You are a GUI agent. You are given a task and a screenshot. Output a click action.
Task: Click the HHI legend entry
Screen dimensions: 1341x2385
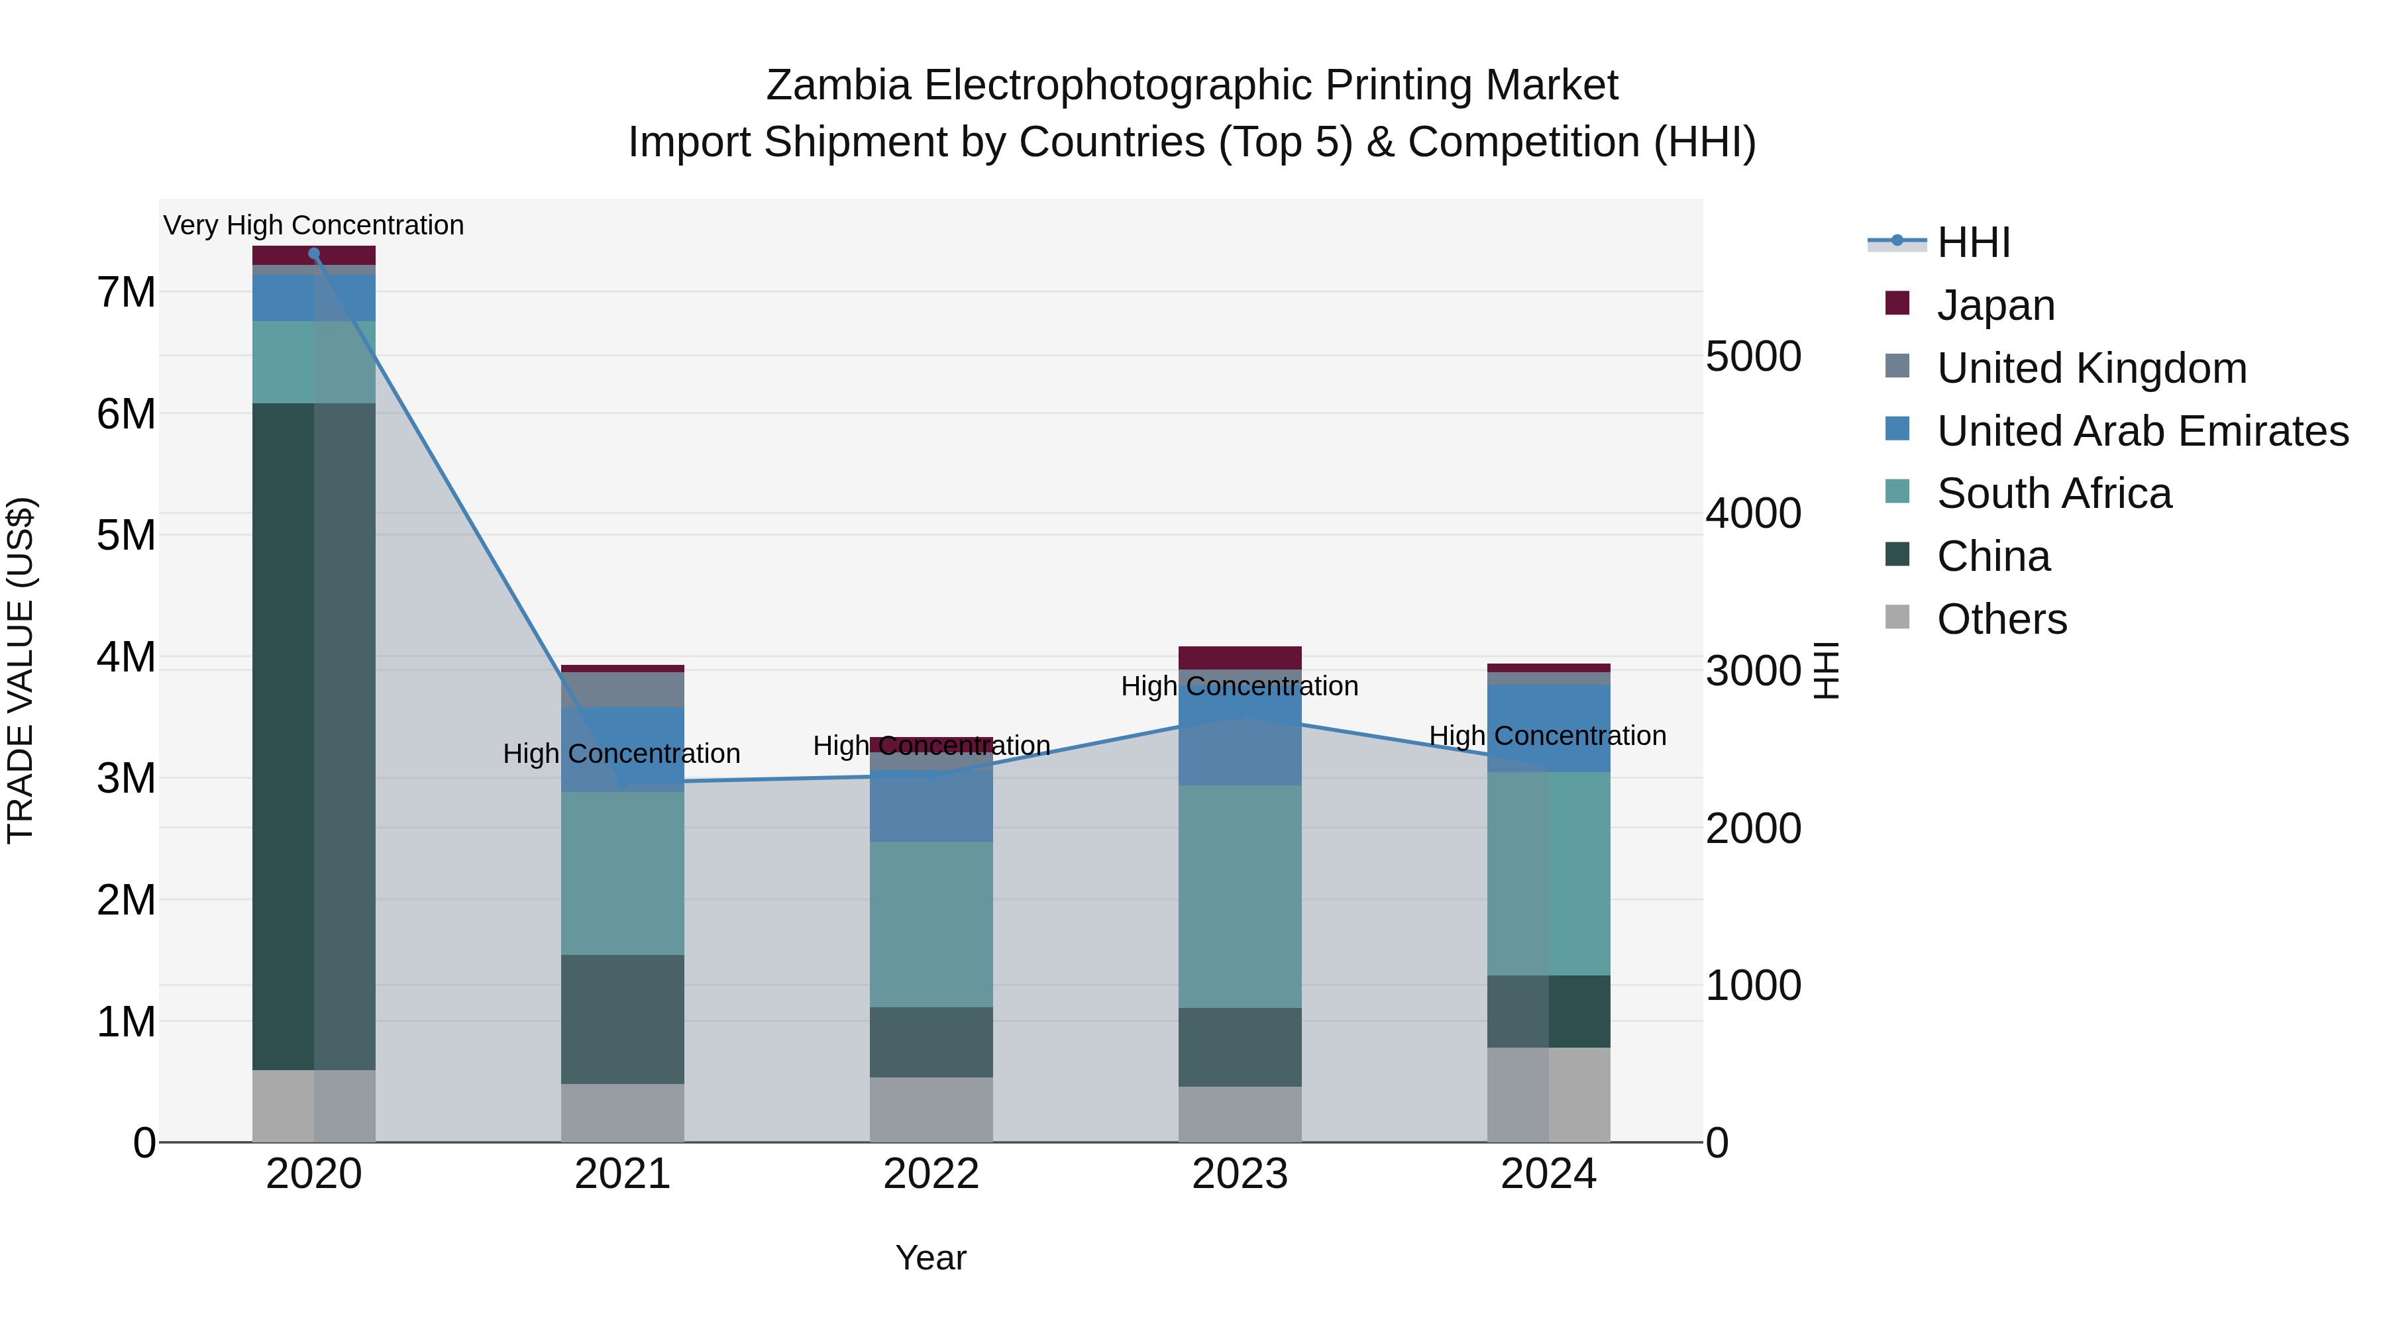1972,242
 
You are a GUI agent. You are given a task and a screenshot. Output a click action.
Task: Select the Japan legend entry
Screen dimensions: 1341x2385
1995,305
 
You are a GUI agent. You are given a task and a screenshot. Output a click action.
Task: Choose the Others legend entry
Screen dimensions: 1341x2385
2001,619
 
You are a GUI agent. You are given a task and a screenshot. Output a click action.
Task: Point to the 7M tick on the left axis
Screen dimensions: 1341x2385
126,293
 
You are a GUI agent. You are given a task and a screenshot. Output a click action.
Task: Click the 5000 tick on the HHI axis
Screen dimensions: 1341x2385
1752,356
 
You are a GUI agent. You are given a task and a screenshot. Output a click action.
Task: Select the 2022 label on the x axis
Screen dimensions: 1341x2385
931,1174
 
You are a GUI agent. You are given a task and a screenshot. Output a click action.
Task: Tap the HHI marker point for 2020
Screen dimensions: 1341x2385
314,254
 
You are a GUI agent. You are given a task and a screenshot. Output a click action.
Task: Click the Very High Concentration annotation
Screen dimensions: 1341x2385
314,225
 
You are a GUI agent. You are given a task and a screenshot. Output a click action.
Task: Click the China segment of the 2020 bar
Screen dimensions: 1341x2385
314,736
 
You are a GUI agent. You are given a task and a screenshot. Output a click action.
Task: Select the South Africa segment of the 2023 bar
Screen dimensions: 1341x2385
1240,896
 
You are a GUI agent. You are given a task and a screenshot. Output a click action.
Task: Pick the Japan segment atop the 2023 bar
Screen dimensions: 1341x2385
1240,657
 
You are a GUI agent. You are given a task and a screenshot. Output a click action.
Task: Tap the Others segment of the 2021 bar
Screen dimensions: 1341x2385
622,1113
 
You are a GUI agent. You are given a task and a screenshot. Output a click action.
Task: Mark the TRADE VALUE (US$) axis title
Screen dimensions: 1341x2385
21,670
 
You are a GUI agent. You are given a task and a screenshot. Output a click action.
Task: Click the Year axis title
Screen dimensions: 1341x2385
931,1258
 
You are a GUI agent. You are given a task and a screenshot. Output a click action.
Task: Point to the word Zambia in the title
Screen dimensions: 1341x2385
838,85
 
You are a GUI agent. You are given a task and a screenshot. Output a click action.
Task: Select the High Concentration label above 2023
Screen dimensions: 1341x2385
1240,687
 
